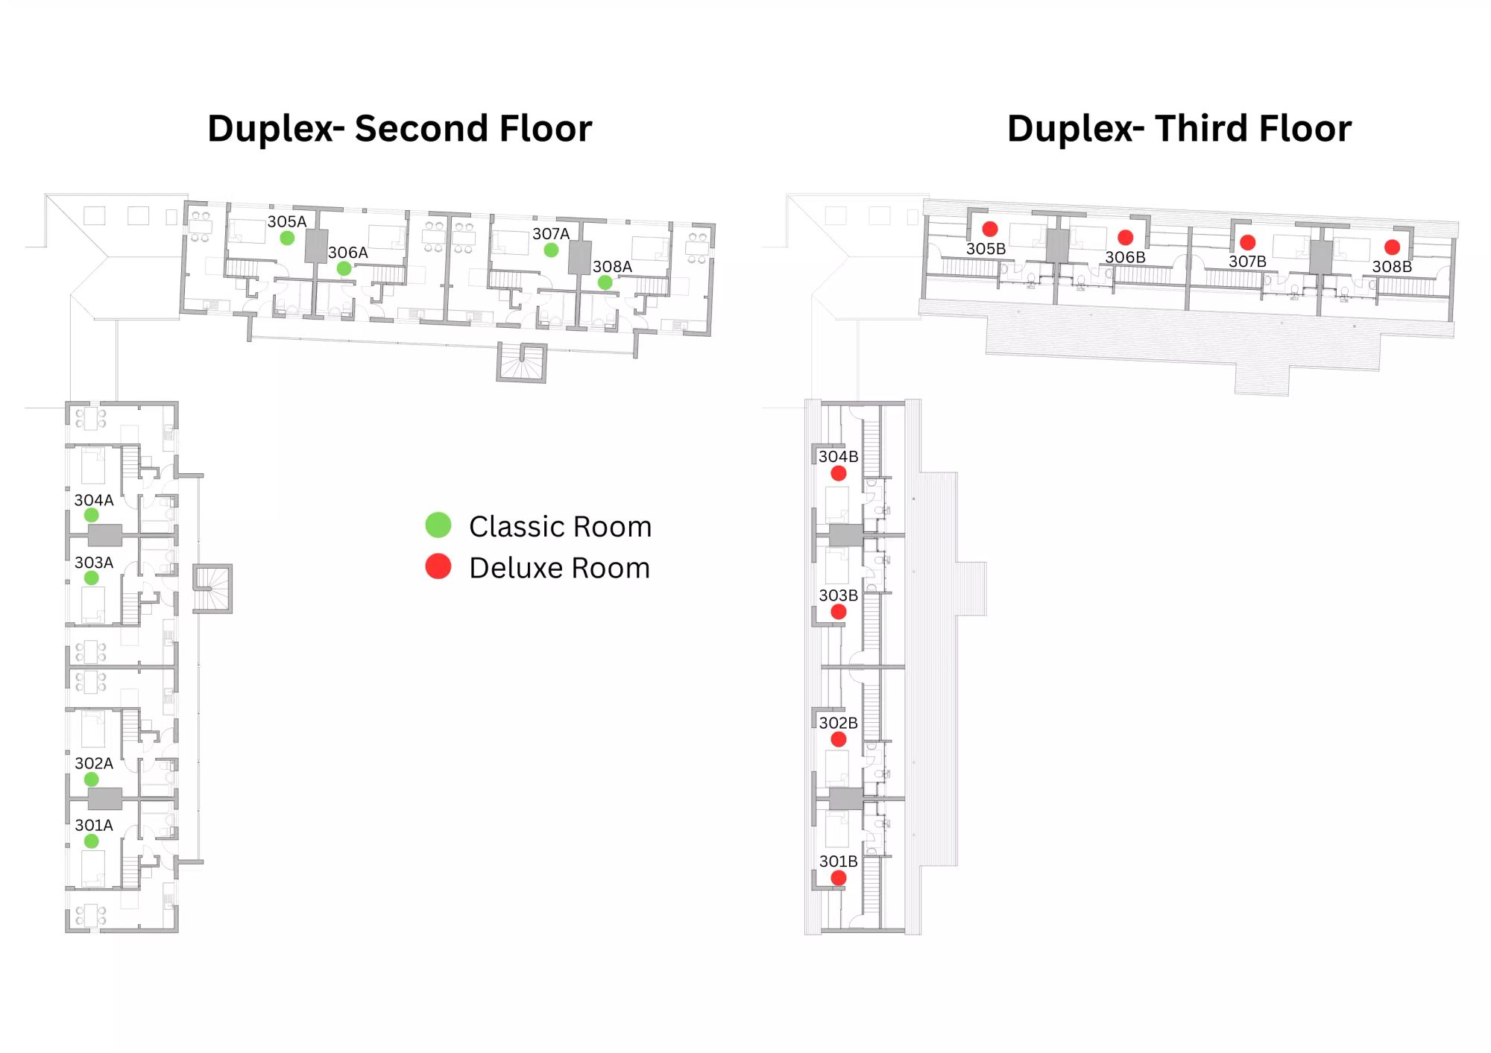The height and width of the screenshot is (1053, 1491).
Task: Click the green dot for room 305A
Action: coord(287,238)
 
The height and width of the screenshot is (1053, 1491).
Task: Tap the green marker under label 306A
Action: coord(344,268)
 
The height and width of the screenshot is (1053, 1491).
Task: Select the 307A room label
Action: coord(551,234)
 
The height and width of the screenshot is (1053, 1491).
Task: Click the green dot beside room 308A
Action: coord(605,282)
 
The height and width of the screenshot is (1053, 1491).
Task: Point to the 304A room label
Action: coord(94,500)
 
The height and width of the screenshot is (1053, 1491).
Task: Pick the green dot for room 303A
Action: coord(92,578)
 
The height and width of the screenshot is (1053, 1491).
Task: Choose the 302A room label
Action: coord(94,763)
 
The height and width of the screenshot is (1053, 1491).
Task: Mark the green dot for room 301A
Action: coord(92,841)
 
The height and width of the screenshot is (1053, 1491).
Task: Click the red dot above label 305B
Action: coord(990,229)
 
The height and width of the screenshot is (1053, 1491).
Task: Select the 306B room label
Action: coord(1125,257)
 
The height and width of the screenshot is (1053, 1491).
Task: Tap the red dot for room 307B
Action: coord(1248,242)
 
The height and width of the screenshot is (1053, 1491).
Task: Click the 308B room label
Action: coord(1392,266)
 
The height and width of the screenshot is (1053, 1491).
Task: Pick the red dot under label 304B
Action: coord(839,473)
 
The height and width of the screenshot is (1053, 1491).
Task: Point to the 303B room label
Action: coord(839,595)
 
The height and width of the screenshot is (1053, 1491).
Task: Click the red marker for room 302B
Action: coord(839,739)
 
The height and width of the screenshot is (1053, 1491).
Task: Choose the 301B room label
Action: coord(839,861)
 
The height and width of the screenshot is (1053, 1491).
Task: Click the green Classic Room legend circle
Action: coord(438,525)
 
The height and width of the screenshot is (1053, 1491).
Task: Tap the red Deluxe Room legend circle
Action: coord(438,566)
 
